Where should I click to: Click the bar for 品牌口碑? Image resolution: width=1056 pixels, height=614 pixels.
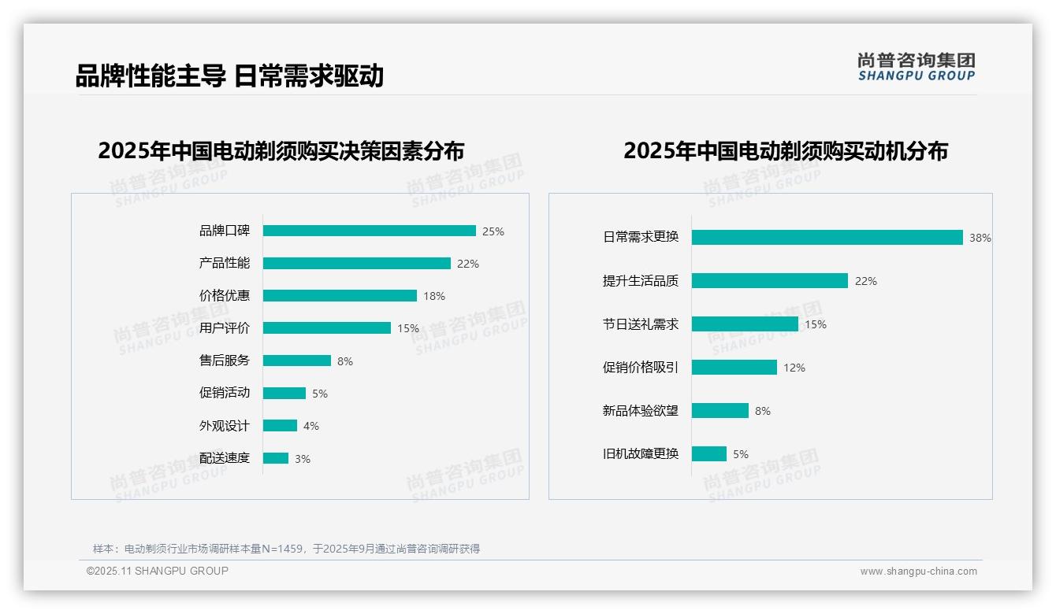click(x=369, y=231)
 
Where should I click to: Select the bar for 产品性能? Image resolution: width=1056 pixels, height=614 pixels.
click(x=356, y=264)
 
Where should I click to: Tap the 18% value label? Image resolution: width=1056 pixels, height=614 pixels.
click(x=434, y=296)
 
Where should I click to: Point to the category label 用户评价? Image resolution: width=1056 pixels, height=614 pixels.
click(x=224, y=328)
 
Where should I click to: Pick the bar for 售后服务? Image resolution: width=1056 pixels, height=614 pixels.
click(x=296, y=361)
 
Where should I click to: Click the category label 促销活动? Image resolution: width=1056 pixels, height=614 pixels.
click(x=224, y=393)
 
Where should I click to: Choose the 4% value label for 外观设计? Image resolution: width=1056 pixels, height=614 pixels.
click(x=311, y=426)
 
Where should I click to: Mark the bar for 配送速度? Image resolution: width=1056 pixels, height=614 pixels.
click(x=275, y=458)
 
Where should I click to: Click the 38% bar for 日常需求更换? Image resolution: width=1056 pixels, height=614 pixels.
click(x=827, y=237)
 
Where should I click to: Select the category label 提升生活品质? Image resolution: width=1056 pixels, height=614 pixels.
click(x=640, y=281)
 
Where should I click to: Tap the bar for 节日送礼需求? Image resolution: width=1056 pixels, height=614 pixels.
click(x=745, y=324)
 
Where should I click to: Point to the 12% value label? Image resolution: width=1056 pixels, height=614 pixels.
click(x=794, y=368)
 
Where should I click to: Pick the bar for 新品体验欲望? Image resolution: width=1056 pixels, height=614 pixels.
click(x=719, y=411)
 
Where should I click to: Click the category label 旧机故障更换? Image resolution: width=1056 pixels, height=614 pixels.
click(x=640, y=454)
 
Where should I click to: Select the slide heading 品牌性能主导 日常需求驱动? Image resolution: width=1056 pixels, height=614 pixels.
click(x=229, y=76)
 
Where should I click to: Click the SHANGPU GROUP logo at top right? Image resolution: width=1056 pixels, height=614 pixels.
click(x=917, y=67)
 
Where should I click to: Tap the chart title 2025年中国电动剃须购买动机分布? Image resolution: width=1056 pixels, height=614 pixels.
click(x=785, y=151)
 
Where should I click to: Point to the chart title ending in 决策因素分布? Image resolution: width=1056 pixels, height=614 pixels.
click(x=281, y=151)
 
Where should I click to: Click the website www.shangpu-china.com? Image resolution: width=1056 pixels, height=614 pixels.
click(x=918, y=571)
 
